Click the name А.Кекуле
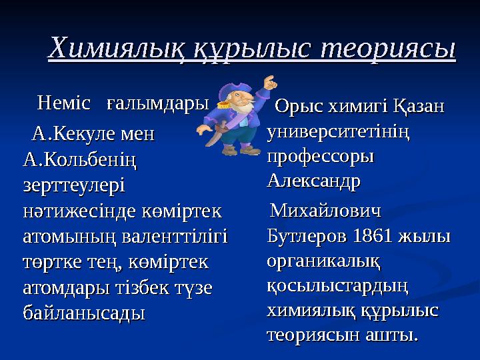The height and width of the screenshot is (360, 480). [73, 135]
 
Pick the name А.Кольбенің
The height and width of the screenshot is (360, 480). [79, 160]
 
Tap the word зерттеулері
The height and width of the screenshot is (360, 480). [73, 185]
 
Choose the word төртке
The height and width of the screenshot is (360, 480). [51, 262]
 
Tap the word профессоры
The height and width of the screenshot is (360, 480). [320, 156]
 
